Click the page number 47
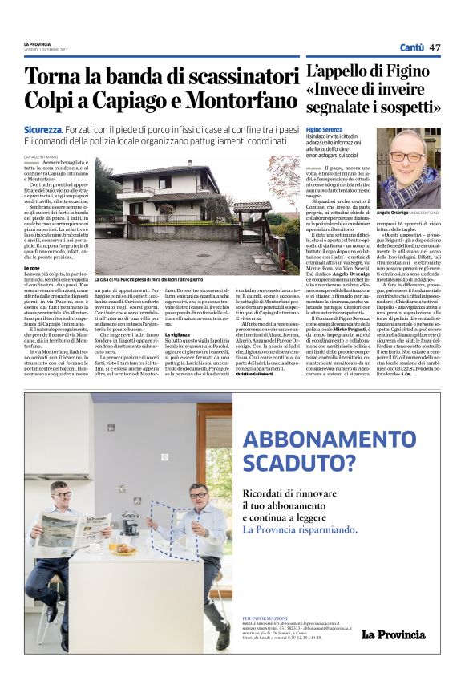click(435, 47)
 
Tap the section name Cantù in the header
click(410, 47)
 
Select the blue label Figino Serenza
click(324, 129)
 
